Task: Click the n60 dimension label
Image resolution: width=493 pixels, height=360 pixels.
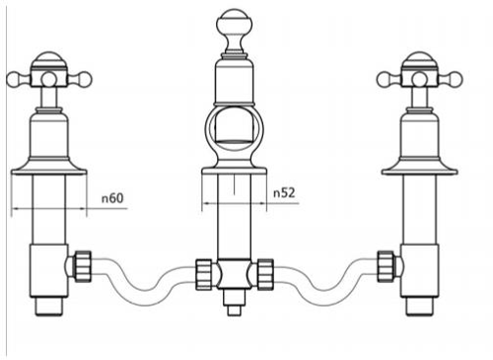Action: (x=112, y=198)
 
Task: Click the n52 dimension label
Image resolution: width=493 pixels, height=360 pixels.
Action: (x=284, y=193)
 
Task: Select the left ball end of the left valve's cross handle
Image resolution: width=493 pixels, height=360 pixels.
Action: (x=16, y=80)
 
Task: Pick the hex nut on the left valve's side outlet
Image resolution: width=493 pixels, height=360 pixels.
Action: (x=83, y=266)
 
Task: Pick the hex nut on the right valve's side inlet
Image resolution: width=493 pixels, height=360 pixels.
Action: (x=386, y=266)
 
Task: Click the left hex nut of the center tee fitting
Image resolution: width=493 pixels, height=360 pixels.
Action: (x=204, y=274)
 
